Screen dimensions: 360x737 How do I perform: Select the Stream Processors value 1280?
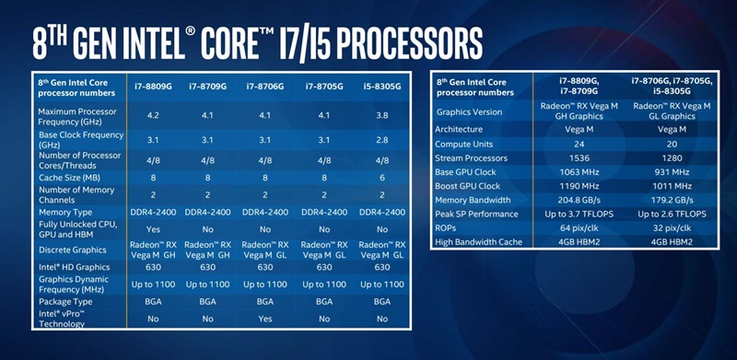[669, 157]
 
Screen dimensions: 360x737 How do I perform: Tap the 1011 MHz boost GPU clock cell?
[669, 186]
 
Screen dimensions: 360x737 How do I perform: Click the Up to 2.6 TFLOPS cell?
[669, 214]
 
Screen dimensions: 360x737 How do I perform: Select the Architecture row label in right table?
[461, 131]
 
